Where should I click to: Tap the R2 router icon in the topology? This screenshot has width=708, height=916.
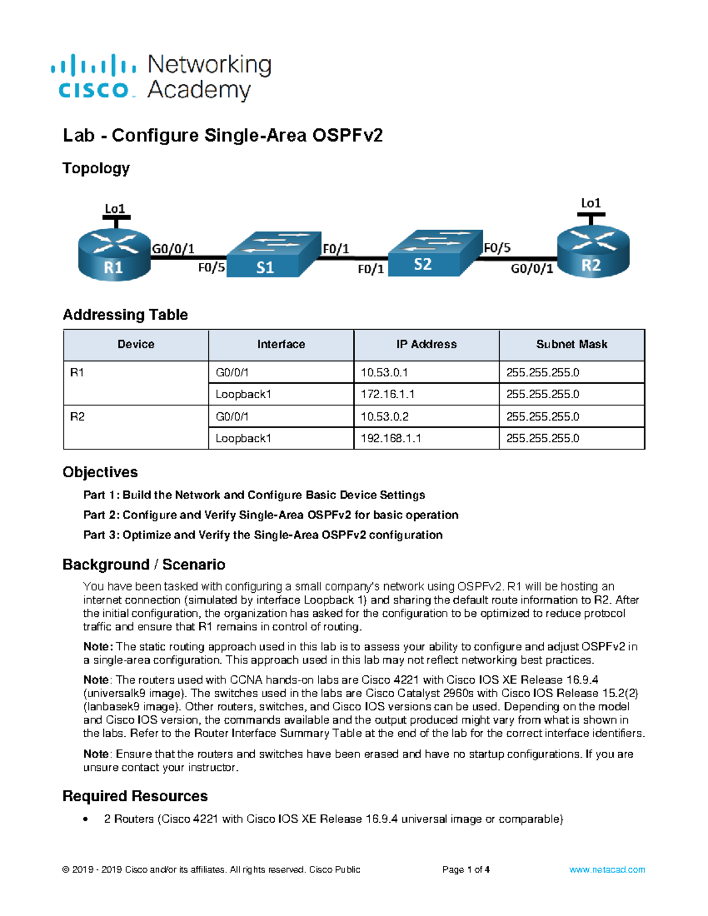[593, 252]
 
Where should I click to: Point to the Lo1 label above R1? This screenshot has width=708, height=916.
[115, 209]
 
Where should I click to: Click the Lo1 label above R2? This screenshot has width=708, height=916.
[591, 203]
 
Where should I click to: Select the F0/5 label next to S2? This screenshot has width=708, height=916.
[497, 248]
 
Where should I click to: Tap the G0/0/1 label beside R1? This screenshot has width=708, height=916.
[173, 249]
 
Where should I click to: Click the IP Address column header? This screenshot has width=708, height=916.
[426, 344]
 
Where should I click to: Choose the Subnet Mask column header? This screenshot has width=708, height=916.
[571, 344]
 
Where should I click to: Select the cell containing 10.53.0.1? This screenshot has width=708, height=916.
[384, 373]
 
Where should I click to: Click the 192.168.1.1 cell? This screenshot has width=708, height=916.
[391, 439]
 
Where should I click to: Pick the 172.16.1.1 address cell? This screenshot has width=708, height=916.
[387, 395]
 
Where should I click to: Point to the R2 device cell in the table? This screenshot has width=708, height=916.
[77, 417]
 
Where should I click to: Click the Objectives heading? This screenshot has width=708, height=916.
[100, 472]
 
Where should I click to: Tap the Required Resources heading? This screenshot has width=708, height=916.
[135, 796]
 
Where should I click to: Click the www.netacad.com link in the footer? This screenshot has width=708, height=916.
[607, 869]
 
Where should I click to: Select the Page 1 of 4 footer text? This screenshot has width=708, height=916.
[466, 869]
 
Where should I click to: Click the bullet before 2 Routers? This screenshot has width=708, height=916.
[86, 819]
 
